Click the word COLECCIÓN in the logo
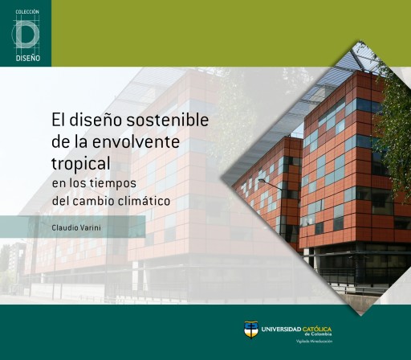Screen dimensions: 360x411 26,13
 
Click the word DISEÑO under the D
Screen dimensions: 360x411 26,59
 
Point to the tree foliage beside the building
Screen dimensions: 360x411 395,121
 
